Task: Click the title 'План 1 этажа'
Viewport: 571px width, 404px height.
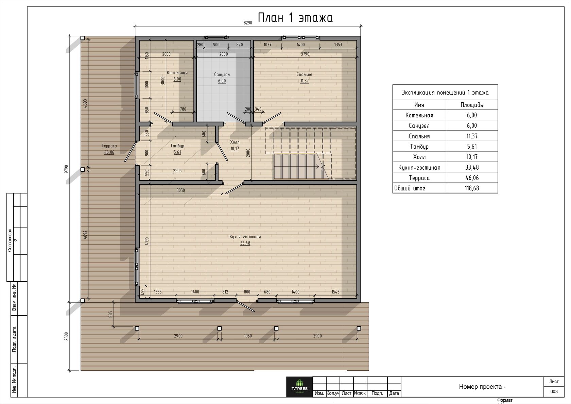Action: [295, 18]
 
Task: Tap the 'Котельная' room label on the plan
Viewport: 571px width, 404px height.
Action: [177, 73]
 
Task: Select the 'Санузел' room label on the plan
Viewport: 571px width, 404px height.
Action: [222, 74]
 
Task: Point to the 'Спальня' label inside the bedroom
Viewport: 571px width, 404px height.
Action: [305, 74]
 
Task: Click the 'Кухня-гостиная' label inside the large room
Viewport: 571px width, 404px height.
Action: [245, 237]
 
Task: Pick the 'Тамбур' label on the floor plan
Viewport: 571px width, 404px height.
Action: [177, 146]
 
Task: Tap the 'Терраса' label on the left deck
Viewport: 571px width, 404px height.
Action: [109, 146]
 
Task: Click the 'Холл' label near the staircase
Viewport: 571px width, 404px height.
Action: [235, 142]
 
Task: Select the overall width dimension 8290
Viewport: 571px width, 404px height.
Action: [248, 23]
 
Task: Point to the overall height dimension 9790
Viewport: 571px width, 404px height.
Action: [66, 169]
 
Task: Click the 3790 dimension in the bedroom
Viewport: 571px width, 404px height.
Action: [305, 54]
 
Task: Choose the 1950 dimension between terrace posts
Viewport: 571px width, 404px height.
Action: [248, 336]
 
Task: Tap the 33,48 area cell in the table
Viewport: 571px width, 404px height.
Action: [472, 167]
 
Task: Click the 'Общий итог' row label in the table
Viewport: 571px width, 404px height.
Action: [410, 188]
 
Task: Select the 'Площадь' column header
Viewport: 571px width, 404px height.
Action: [472, 105]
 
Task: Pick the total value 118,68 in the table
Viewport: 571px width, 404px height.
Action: [472, 188]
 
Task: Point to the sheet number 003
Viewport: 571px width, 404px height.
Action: [554, 391]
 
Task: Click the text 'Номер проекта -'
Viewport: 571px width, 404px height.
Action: [482, 387]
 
